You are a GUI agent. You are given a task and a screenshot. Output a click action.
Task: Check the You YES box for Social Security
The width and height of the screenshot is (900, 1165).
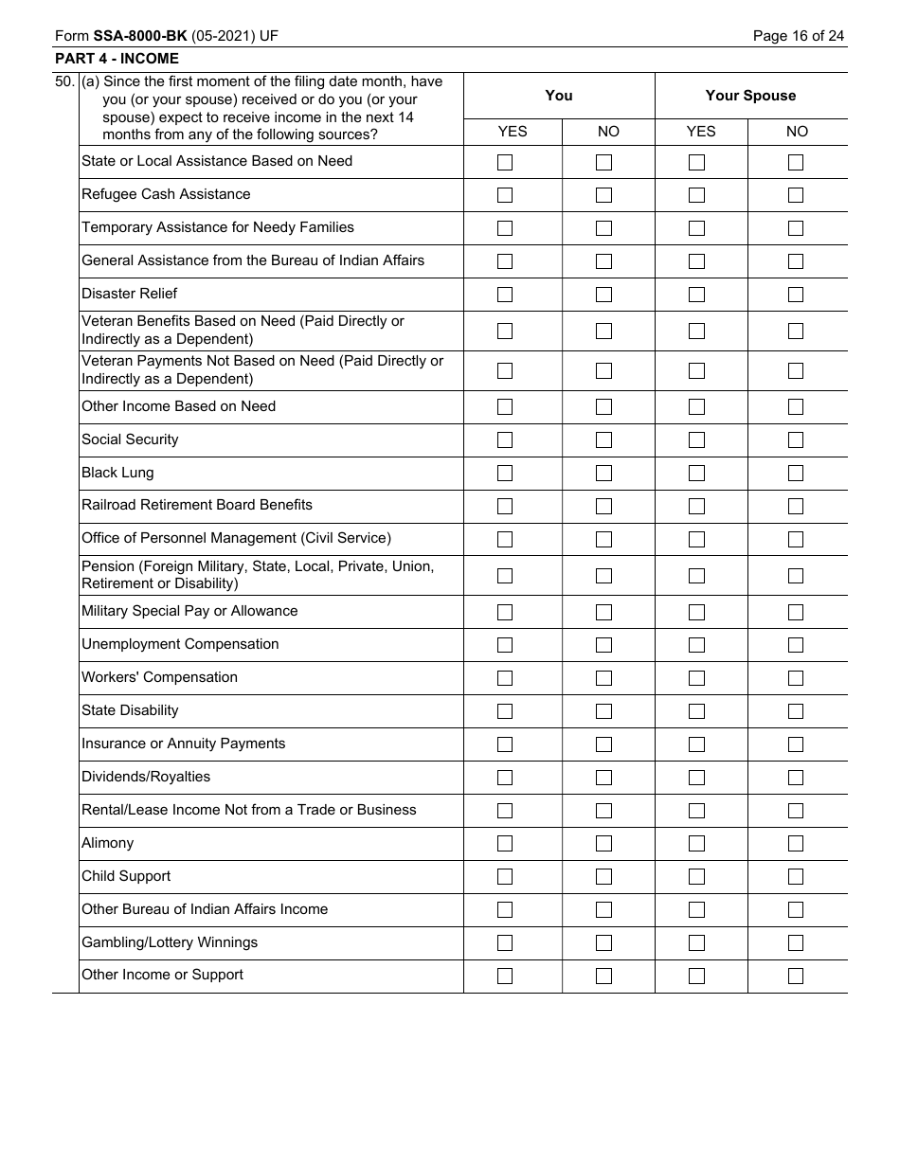(505, 440)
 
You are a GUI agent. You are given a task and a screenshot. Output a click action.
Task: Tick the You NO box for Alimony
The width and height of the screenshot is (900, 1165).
(603, 844)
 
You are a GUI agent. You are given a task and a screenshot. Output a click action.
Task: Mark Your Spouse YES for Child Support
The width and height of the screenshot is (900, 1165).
(696, 877)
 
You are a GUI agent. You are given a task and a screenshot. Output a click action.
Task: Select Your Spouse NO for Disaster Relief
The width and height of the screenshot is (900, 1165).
(796, 295)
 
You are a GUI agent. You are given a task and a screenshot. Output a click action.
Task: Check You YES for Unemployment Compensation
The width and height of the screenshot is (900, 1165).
(505, 645)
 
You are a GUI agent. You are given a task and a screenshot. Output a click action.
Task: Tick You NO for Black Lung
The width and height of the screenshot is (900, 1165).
(603, 474)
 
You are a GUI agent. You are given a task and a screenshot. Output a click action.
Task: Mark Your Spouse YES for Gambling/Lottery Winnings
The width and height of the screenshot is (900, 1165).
(696, 943)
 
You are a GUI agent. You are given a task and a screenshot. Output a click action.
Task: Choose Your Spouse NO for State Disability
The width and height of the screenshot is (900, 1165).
(796, 711)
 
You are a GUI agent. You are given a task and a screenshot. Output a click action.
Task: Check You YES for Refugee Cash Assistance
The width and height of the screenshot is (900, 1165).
(505, 195)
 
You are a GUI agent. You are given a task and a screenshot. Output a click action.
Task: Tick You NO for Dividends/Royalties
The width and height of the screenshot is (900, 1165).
(603, 778)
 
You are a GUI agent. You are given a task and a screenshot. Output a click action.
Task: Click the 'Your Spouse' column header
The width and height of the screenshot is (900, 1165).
(750, 96)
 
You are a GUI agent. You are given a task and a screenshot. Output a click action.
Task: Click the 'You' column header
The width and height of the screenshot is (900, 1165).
(559, 96)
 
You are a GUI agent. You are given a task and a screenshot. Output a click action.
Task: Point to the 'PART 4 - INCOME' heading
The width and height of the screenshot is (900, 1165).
(117, 59)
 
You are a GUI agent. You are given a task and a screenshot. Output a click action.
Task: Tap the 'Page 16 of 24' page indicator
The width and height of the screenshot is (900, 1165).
(798, 36)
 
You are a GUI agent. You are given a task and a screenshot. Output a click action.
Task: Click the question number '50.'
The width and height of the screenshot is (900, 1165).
(65, 82)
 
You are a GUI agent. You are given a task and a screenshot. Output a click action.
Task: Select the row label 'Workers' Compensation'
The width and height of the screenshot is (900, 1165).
(159, 677)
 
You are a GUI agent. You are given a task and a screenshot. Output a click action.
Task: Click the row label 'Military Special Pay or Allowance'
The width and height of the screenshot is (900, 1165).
(189, 611)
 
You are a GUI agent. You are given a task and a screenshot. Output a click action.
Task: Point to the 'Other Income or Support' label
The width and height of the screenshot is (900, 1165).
(162, 975)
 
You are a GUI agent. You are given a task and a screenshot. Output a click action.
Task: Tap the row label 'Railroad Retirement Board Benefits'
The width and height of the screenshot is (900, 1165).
(197, 505)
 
